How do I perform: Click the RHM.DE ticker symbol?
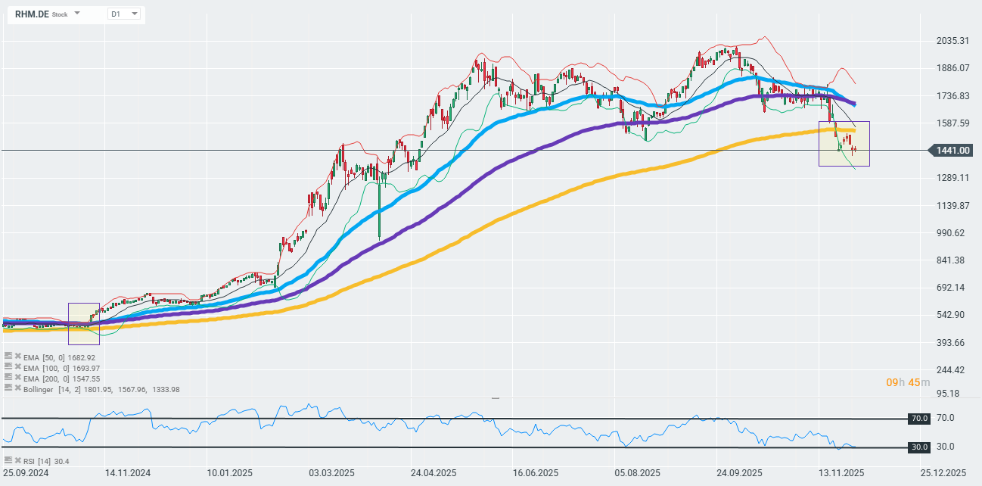pos(31,14)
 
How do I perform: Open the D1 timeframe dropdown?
pos(124,14)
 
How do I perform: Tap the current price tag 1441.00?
pos(952,151)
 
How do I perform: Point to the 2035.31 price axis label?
pos(952,40)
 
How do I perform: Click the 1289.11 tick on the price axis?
pos(952,178)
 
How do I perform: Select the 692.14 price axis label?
pos(952,288)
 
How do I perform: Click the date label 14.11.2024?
pos(129,473)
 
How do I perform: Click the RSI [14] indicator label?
pos(36,460)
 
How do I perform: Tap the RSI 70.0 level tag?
pos(919,418)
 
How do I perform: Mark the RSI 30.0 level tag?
pos(919,447)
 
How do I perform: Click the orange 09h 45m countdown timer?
pos(908,382)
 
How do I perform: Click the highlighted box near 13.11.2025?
pos(844,143)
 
